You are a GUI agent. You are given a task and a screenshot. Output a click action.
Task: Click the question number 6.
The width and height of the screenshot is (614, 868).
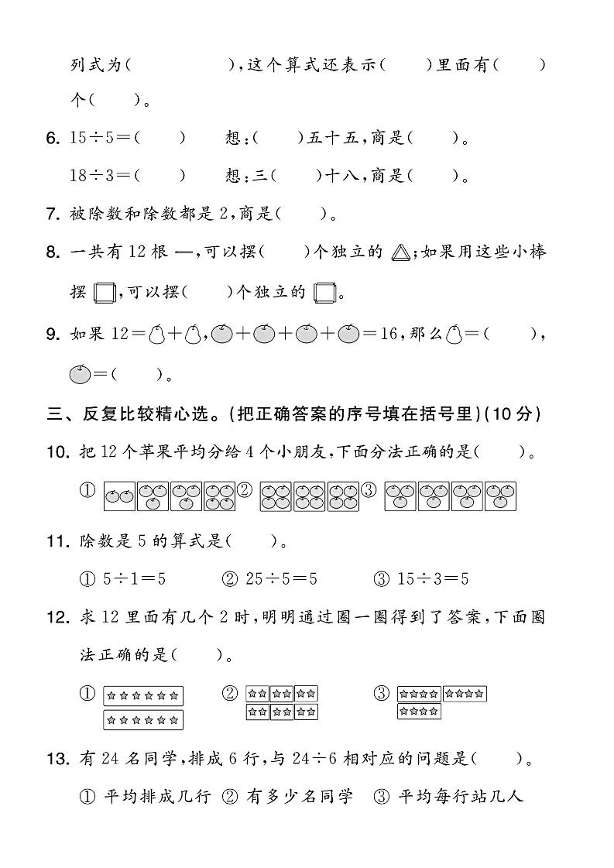[53, 139]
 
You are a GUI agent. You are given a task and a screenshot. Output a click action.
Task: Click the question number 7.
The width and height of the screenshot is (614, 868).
[53, 214]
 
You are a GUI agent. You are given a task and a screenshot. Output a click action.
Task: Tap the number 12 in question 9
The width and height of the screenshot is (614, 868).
[122, 335]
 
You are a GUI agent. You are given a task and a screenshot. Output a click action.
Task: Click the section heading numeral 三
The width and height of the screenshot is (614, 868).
[54, 414]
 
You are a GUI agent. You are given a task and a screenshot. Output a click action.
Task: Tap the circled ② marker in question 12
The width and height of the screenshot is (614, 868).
[229, 693]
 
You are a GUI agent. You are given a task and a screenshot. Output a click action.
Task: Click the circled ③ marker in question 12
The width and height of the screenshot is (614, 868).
[381, 693]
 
